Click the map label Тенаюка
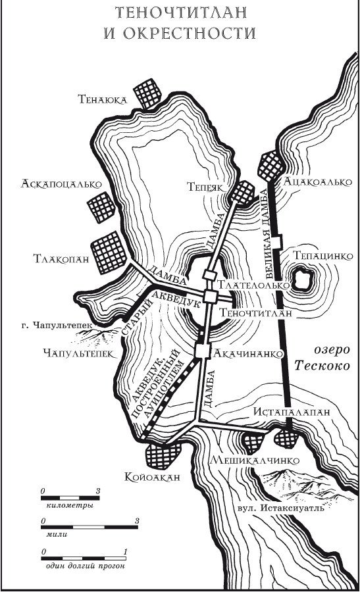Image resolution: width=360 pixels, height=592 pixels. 102,100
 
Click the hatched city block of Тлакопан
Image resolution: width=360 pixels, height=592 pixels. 108,253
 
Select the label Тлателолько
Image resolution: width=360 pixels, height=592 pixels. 255,286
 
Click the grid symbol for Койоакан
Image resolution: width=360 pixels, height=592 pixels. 161,453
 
